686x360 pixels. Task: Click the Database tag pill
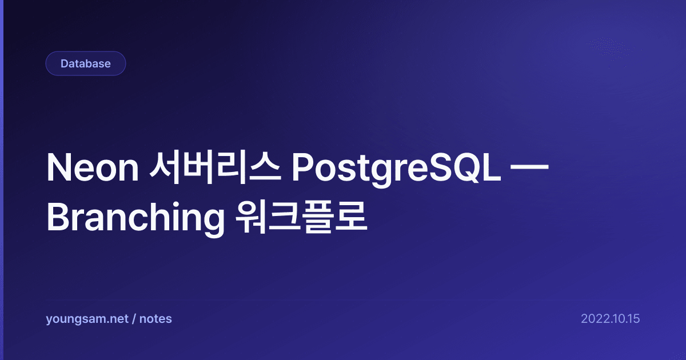coord(85,63)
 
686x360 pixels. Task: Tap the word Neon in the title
coord(93,168)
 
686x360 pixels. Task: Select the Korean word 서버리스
coord(215,168)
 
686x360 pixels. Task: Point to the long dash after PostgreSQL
coord(529,167)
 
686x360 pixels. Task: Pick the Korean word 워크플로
coord(301,217)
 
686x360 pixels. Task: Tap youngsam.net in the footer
coord(87,319)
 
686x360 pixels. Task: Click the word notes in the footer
coord(155,319)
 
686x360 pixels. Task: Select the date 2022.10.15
coord(611,319)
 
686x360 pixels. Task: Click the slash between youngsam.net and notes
coord(134,319)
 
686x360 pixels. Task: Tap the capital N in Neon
coord(58,168)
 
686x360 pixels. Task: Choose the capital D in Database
coord(65,63)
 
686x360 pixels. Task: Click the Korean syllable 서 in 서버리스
coord(165,168)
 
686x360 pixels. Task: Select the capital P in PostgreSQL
coord(302,168)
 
